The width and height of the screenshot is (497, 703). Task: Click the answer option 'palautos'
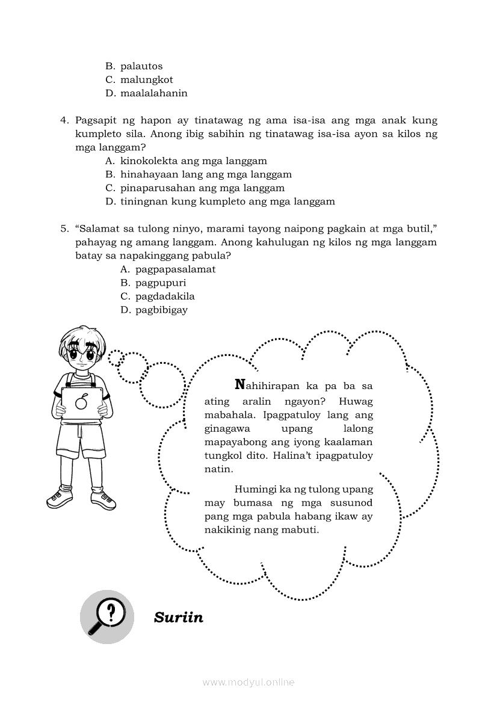[x=141, y=66]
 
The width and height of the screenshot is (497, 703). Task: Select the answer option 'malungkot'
[x=146, y=79]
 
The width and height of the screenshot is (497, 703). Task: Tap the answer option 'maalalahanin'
[x=153, y=93]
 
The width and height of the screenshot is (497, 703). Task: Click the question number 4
[x=64, y=120]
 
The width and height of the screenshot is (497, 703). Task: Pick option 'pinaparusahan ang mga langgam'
[x=194, y=188]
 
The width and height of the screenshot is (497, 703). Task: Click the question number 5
[x=64, y=229]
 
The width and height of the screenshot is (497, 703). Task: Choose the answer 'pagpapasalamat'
[x=175, y=269]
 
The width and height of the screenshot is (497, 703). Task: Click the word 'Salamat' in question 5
[x=96, y=229]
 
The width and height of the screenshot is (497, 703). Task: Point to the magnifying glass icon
[x=106, y=616]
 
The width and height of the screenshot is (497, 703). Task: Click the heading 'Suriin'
[x=179, y=618]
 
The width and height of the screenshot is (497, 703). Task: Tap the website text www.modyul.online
[x=248, y=683]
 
